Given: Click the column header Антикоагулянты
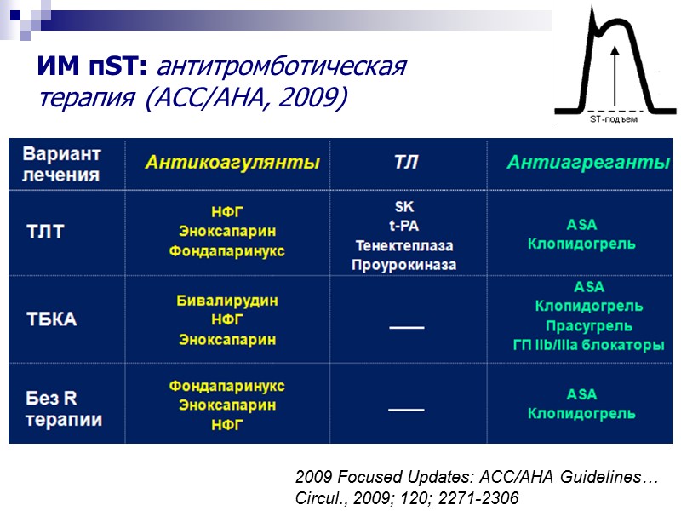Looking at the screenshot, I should click(232, 162).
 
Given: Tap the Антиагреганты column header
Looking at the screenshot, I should click(587, 163).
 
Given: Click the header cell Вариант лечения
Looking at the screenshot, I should click(61, 164).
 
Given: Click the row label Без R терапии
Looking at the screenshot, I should click(64, 409).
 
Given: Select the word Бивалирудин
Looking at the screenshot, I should click(226, 301).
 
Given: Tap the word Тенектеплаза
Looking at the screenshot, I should click(404, 245).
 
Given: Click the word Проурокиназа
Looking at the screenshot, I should click(404, 265).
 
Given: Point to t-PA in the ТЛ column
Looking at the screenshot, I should click(404, 226).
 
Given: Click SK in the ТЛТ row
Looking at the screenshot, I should click(404, 207).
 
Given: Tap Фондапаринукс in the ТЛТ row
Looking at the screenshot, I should click(226, 251).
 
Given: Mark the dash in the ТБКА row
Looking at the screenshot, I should click(405, 325).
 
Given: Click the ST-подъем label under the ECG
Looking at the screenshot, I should click(614, 120).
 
